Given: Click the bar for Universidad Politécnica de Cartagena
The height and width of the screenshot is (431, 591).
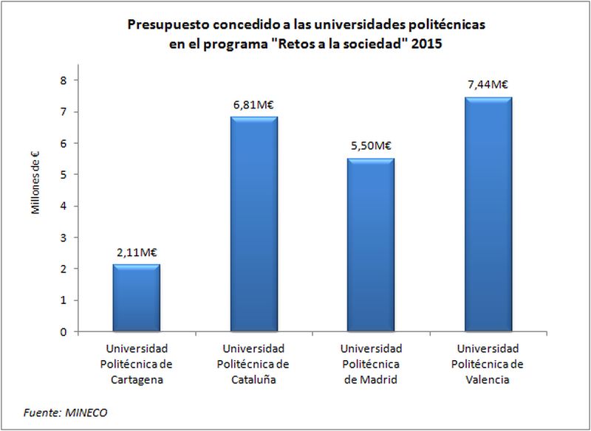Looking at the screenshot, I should click(x=136, y=298).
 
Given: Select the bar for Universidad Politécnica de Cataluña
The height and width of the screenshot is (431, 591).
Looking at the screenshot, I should click(x=253, y=224).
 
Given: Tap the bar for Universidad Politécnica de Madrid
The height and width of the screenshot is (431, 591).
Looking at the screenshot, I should click(x=370, y=245).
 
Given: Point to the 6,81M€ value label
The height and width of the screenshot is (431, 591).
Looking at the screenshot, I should click(x=253, y=104).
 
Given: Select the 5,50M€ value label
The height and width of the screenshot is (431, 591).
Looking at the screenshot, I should click(x=370, y=145).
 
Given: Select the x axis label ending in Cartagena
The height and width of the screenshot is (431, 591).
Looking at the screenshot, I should click(x=136, y=364).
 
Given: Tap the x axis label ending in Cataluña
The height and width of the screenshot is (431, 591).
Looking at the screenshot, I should click(x=253, y=364).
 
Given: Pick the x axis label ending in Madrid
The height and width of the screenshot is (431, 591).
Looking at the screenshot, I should click(x=370, y=364).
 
